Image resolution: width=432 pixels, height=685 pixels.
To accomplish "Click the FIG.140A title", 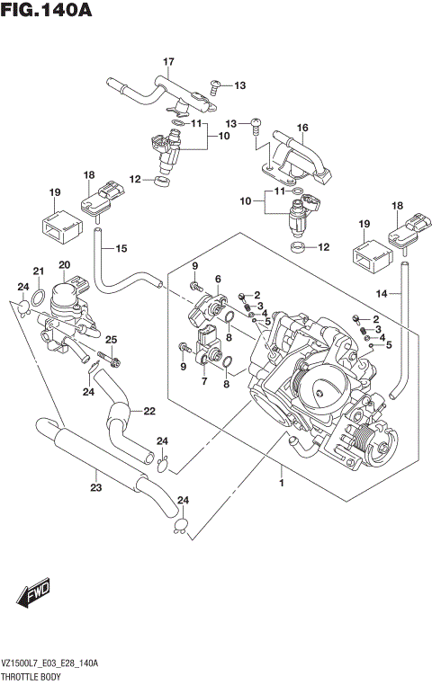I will tap(47, 12).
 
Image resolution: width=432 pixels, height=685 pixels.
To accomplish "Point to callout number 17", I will tap(167, 61).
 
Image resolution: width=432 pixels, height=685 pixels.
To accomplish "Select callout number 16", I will tap(302, 127).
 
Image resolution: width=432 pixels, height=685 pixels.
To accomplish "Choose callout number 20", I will tap(63, 264).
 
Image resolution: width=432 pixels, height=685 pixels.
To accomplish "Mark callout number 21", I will tap(38, 271).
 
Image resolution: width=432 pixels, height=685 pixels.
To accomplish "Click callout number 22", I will tap(148, 412).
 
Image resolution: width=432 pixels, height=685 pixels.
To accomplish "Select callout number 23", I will tap(95, 487).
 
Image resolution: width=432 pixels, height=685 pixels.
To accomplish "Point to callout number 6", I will tap(217, 280).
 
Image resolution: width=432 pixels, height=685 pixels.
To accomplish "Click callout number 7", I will tap(203, 382).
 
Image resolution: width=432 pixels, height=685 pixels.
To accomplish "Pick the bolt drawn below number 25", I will tap(108, 360).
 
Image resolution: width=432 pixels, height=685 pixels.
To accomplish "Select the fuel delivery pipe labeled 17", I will tap(153, 89).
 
